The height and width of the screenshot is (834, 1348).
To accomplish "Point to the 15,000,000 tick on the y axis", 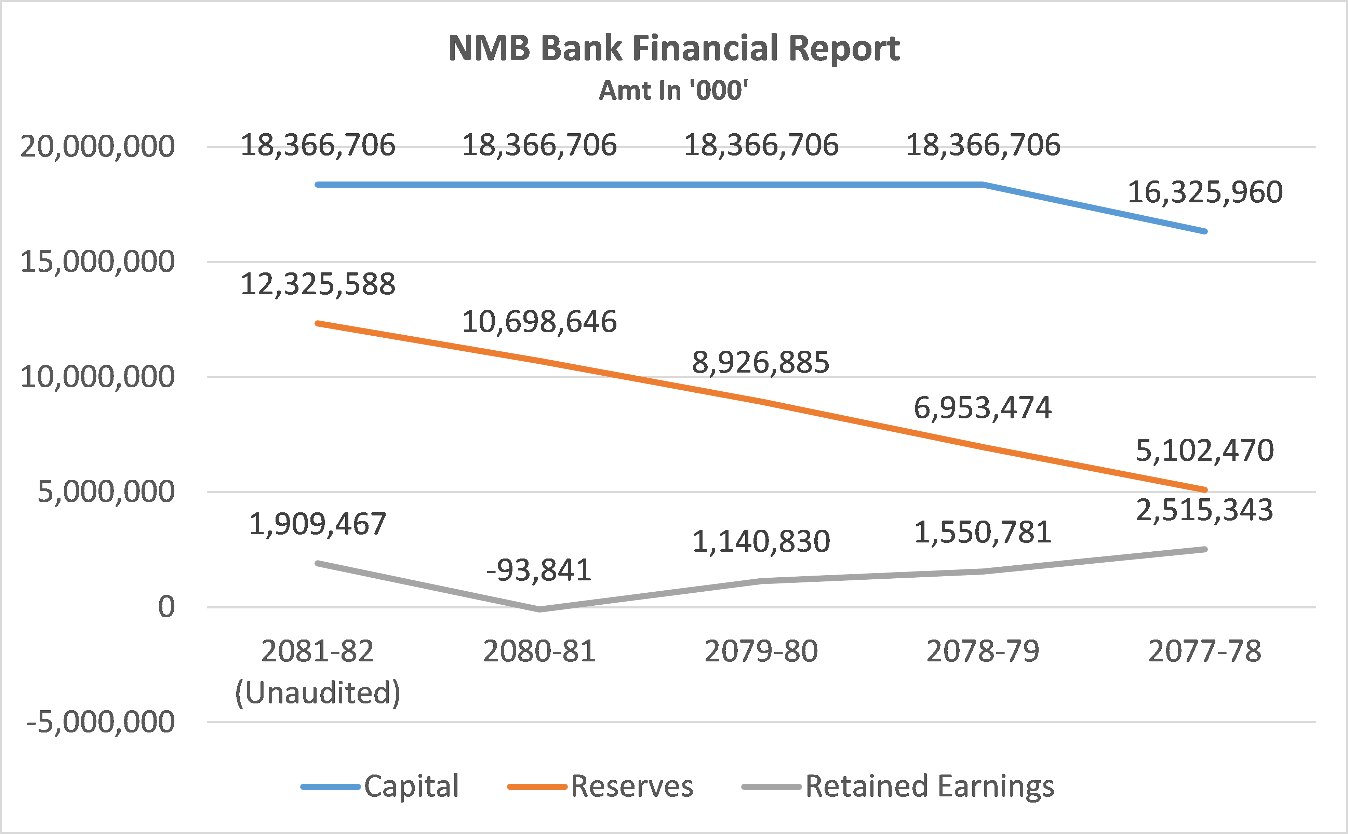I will pos(97,261).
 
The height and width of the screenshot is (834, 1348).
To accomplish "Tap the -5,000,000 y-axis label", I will pos(101,722).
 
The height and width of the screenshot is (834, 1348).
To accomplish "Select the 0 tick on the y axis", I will pos(166,607).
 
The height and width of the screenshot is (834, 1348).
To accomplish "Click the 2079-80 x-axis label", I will pos(761,651).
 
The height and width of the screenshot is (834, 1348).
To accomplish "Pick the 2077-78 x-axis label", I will pos(1205,651).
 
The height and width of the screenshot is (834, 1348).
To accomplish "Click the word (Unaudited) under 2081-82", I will pos(318,693).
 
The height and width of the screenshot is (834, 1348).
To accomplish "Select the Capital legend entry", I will pos(411,786).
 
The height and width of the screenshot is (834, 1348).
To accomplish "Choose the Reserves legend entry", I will pos(631,786).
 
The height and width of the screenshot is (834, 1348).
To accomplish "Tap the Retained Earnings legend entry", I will pos(929,786).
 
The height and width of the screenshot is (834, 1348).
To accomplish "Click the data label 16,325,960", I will pos(1205,192).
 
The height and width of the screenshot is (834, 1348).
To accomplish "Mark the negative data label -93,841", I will pos(539,570).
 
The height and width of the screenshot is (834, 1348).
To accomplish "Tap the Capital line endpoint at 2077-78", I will pos(1205,231).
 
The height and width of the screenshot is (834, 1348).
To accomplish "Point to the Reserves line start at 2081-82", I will pos(318,323).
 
